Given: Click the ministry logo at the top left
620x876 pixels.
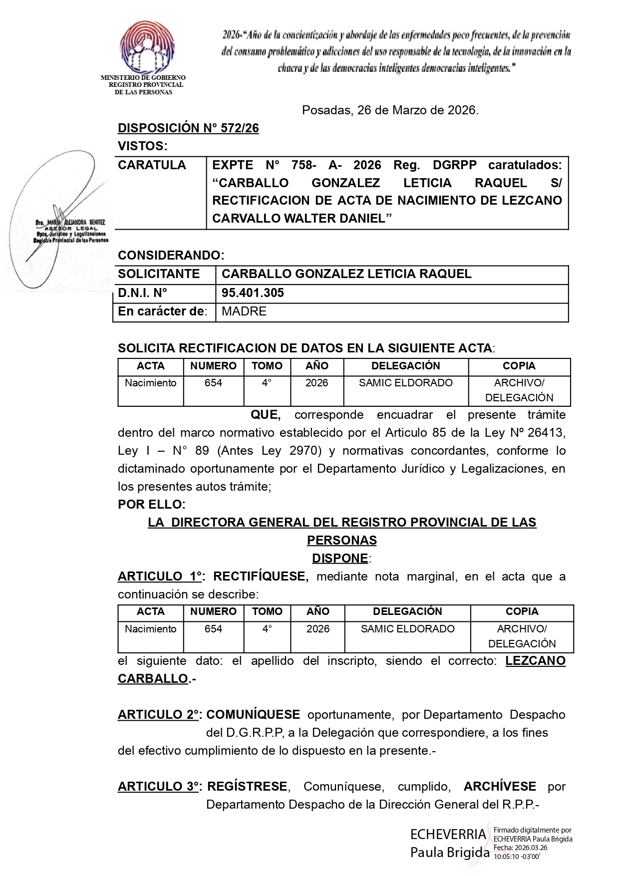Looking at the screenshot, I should pos(147,47).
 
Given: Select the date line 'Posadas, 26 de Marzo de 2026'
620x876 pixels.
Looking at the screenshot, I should pos(390,110).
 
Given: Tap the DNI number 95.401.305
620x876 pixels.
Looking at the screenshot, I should pos(253,293).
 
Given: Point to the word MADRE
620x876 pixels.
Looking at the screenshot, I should pos(244,311).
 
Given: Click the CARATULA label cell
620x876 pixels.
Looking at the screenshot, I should pos(152,165).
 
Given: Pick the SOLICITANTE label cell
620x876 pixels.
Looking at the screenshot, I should pos(159,274).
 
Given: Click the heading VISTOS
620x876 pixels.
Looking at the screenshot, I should pos(142,146).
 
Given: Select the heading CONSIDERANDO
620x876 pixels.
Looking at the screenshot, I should pos(171,256).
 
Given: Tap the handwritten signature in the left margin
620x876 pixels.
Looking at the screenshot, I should pos(55,220).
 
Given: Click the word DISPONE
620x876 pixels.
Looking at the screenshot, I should pos(340,558).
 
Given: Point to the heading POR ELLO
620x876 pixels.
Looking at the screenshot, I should pos(151,504).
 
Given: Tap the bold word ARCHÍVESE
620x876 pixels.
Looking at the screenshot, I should pos(499,787).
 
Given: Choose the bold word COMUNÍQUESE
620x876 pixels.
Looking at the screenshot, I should pos(253,715).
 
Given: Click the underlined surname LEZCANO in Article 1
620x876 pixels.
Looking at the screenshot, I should pos(535,661).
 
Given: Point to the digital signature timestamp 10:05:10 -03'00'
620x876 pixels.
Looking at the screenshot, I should pos(517,857).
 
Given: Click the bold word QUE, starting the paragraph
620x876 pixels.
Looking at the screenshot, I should pos(265,415).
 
